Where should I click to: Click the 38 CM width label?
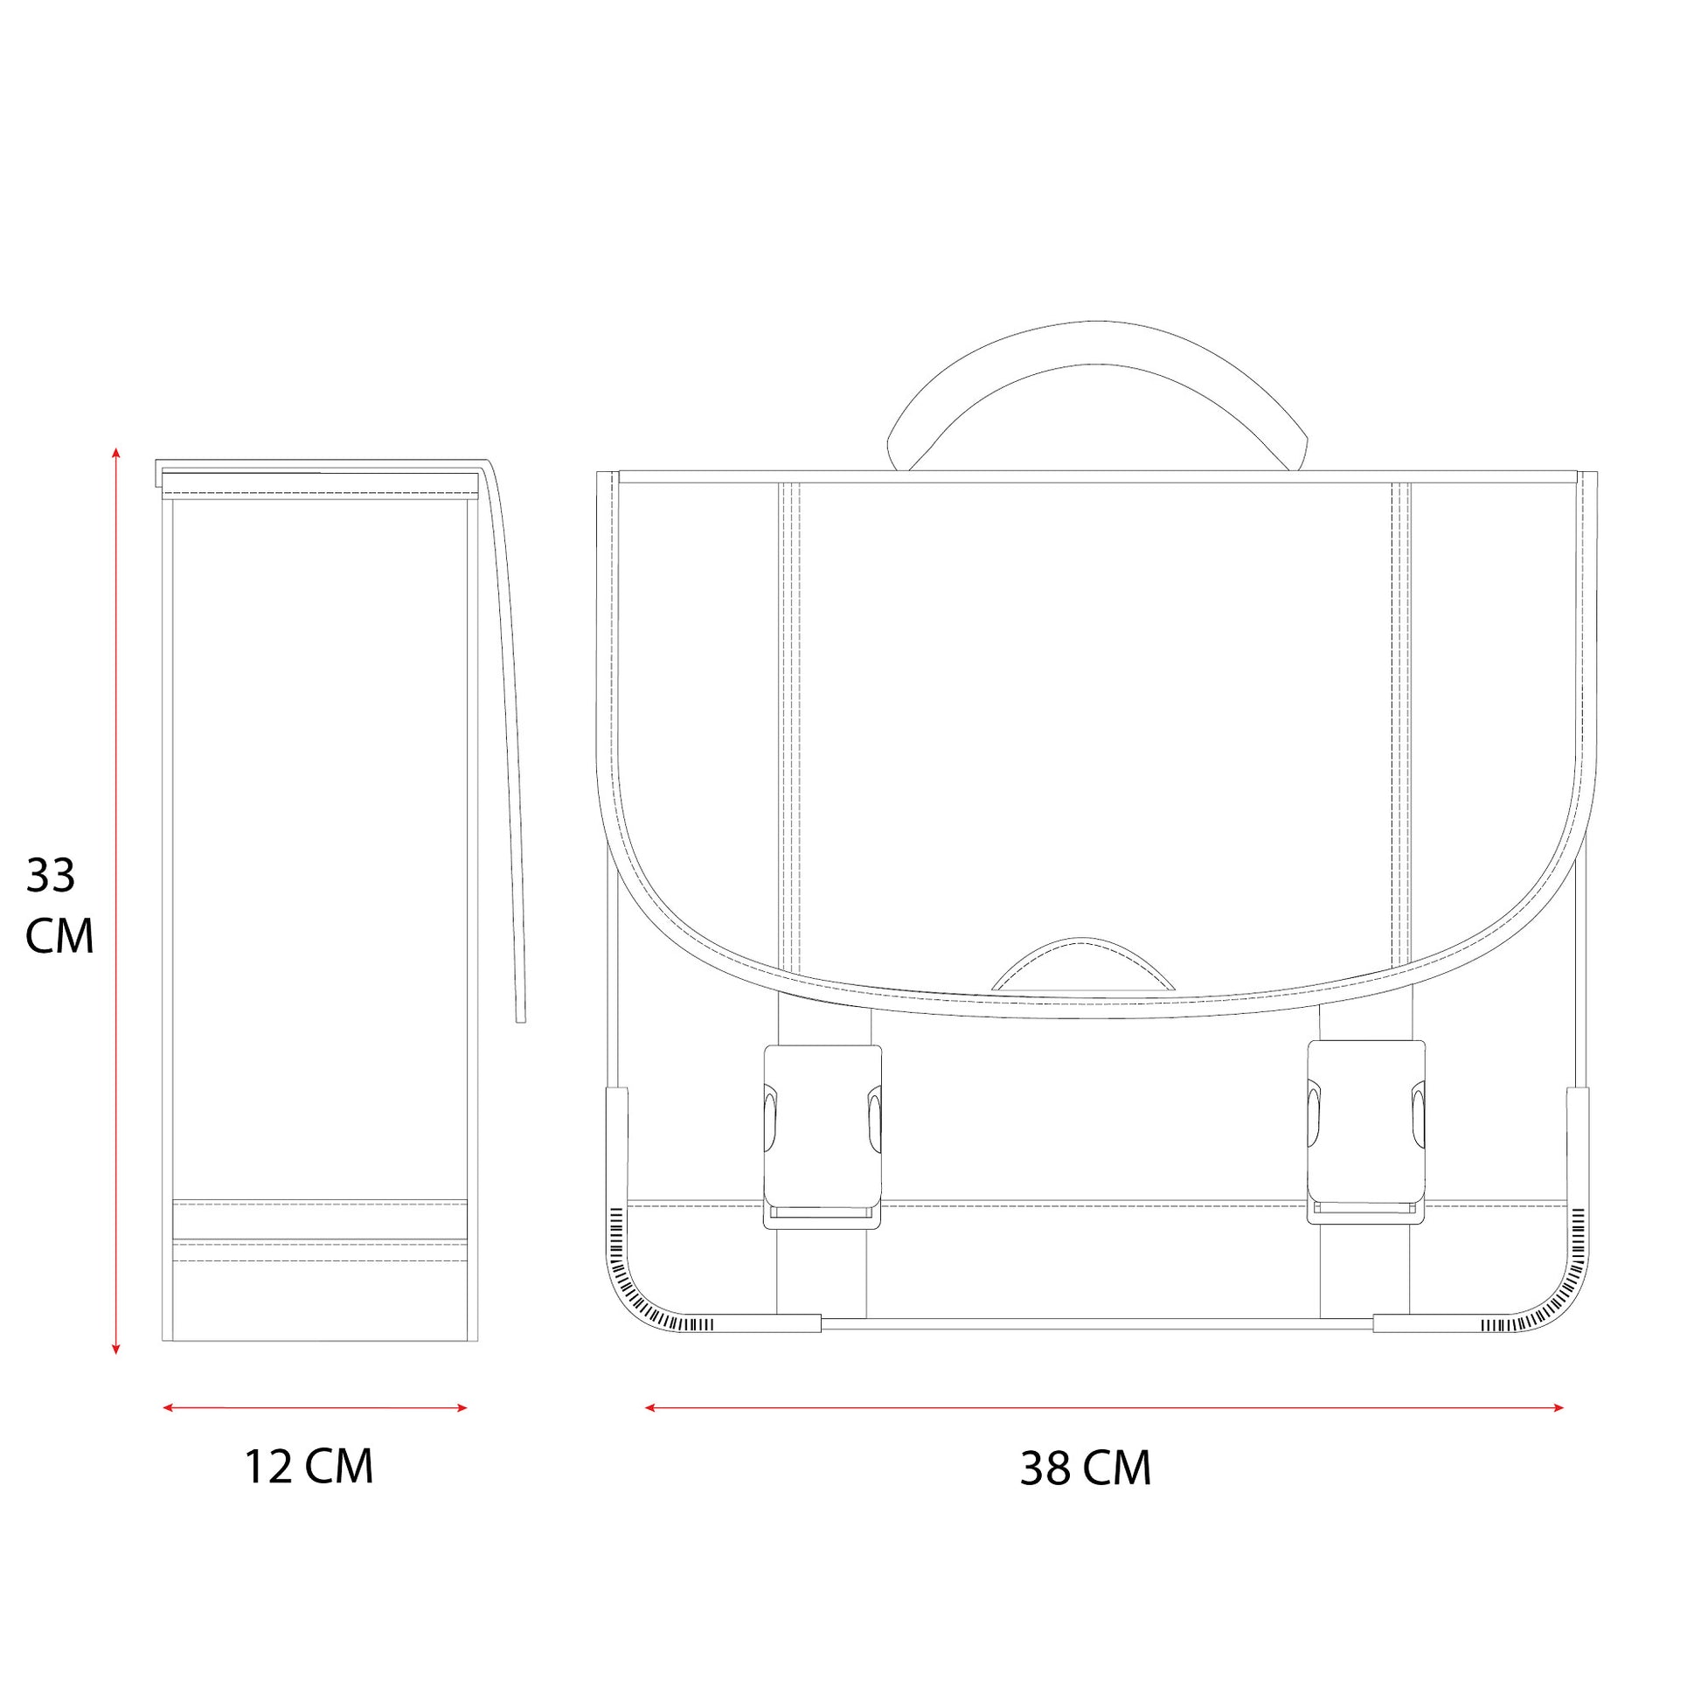tap(1086, 1468)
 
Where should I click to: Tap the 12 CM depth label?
tap(309, 1466)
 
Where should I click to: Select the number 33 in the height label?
tap(51, 875)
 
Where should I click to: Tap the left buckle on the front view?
tap(823, 1135)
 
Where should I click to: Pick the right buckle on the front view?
tap(1365, 1132)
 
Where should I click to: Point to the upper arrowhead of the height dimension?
tap(115, 453)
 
